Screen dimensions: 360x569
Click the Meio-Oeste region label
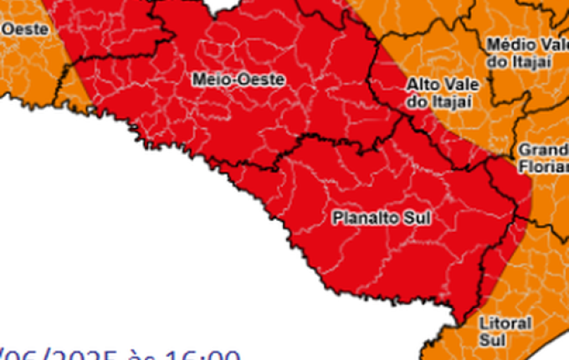[x=238, y=80]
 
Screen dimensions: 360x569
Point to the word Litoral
[x=506, y=322]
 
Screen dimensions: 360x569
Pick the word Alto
[x=422, y=85]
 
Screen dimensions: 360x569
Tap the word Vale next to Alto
[x=456, y=85]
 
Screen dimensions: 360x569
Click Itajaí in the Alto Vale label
[x=452, y=101]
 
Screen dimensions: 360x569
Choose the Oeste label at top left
[x=25, y=29]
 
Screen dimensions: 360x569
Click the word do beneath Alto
[x=417, y=101]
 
